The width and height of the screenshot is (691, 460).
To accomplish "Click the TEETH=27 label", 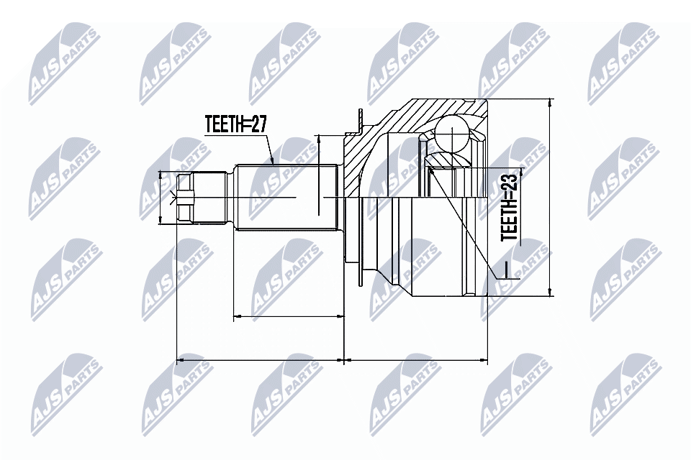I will (x=235, y=124).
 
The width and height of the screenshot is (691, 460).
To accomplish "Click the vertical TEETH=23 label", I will (x=510, y=205).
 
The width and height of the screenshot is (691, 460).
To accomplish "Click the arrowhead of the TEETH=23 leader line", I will (x=431, y=170).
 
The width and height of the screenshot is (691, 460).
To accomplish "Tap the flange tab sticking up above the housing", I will (x=358, y=122).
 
